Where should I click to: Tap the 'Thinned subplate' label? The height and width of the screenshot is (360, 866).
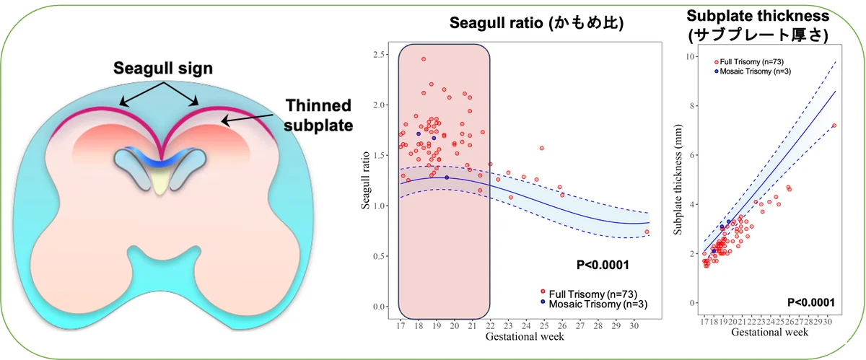(x=318, y=115)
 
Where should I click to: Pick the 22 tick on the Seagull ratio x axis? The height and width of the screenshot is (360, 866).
(x=491, y=325)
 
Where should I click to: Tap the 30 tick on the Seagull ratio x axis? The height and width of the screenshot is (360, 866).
(x=634, y=325)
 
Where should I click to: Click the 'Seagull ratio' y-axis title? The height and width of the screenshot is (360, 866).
(x=367, y=180)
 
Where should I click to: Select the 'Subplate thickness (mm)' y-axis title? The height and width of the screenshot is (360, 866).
(x=678, y=180)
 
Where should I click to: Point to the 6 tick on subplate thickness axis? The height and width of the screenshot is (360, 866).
(x=692, y=155)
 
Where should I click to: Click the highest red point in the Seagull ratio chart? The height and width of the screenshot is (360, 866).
(x=424, y=59)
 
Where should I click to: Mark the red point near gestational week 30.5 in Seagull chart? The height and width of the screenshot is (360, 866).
(x=647, y=232)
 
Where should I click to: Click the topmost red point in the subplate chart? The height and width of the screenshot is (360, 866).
(x=834, y=126)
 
